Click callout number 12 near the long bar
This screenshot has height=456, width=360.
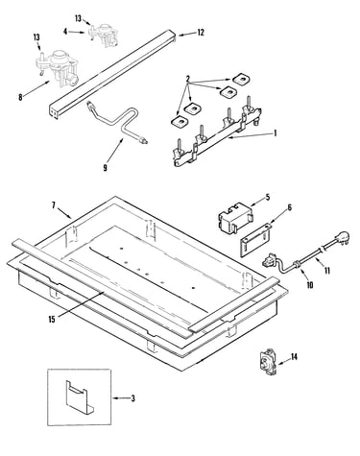(201, 33)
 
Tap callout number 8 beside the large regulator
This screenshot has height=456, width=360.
(20, 97)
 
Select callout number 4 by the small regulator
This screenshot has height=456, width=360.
(65, 32)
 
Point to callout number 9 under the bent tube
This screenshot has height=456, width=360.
(106, 167)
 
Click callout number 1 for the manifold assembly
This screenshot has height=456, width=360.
(275, 132)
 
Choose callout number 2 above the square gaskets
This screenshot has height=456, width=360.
(188, 79)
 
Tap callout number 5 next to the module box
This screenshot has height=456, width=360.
(268, 197)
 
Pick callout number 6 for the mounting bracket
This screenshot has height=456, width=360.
(290, 207)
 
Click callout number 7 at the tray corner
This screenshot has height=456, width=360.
(54, 205)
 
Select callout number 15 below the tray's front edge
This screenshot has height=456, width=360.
(52, 319)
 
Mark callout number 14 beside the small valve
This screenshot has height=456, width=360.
(294, 356)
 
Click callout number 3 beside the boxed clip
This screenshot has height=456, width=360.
(132, 398)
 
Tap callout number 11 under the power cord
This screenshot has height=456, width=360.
(326, 271)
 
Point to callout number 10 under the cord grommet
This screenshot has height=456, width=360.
(310, 284)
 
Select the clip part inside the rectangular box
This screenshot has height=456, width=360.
(79, 396)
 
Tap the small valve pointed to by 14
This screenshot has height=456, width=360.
(267, 362)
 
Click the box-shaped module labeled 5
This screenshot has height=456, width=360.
(235, 217)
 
